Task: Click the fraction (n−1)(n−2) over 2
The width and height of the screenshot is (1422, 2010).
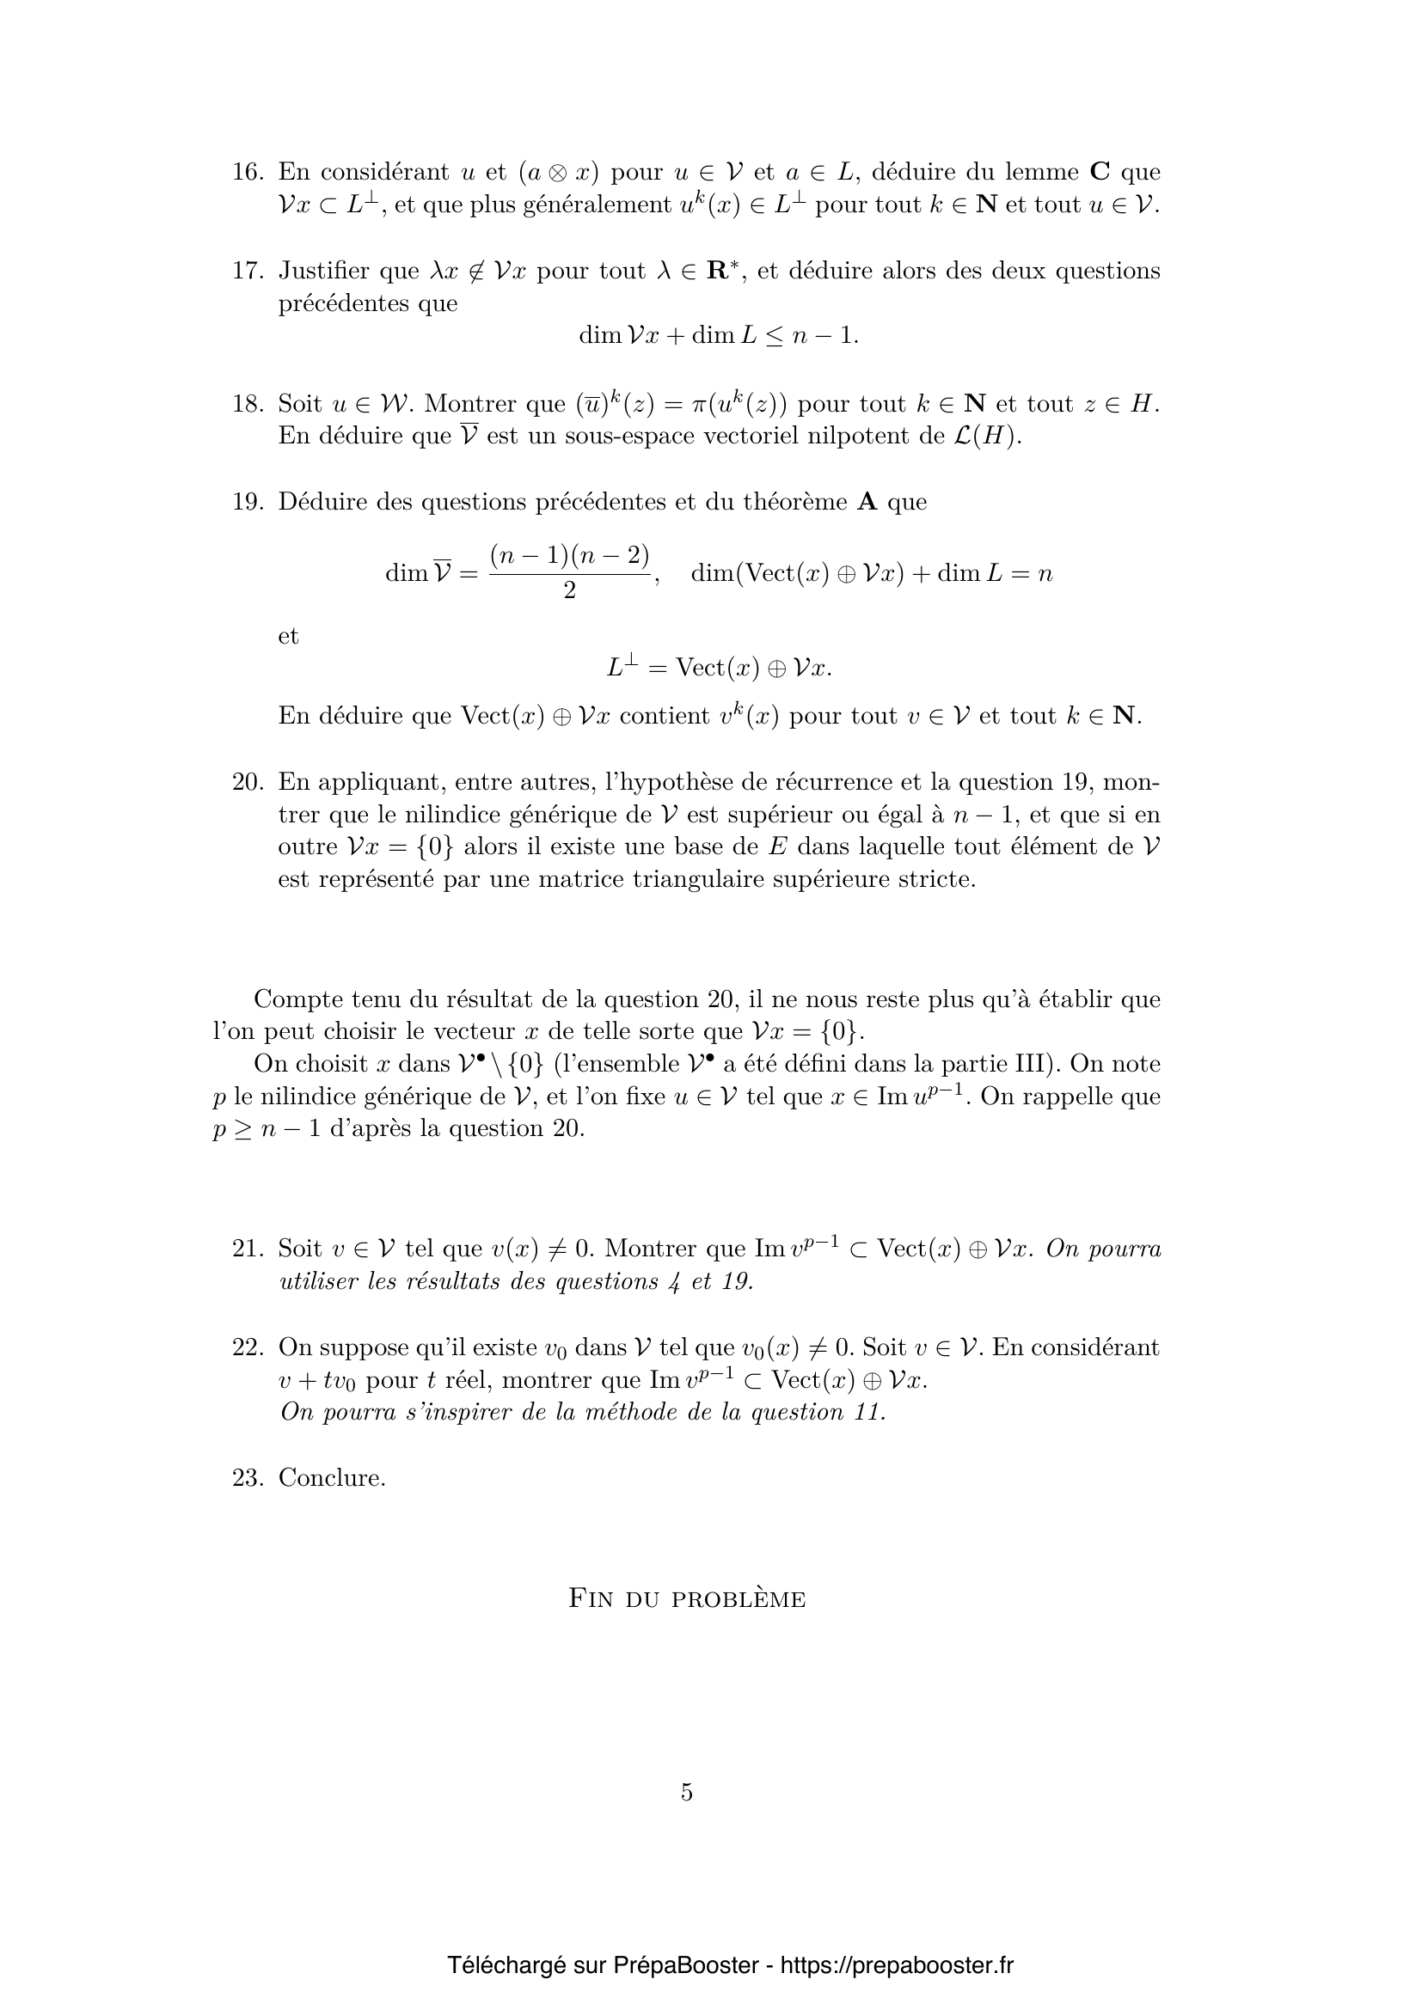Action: [x=569, y=571]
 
